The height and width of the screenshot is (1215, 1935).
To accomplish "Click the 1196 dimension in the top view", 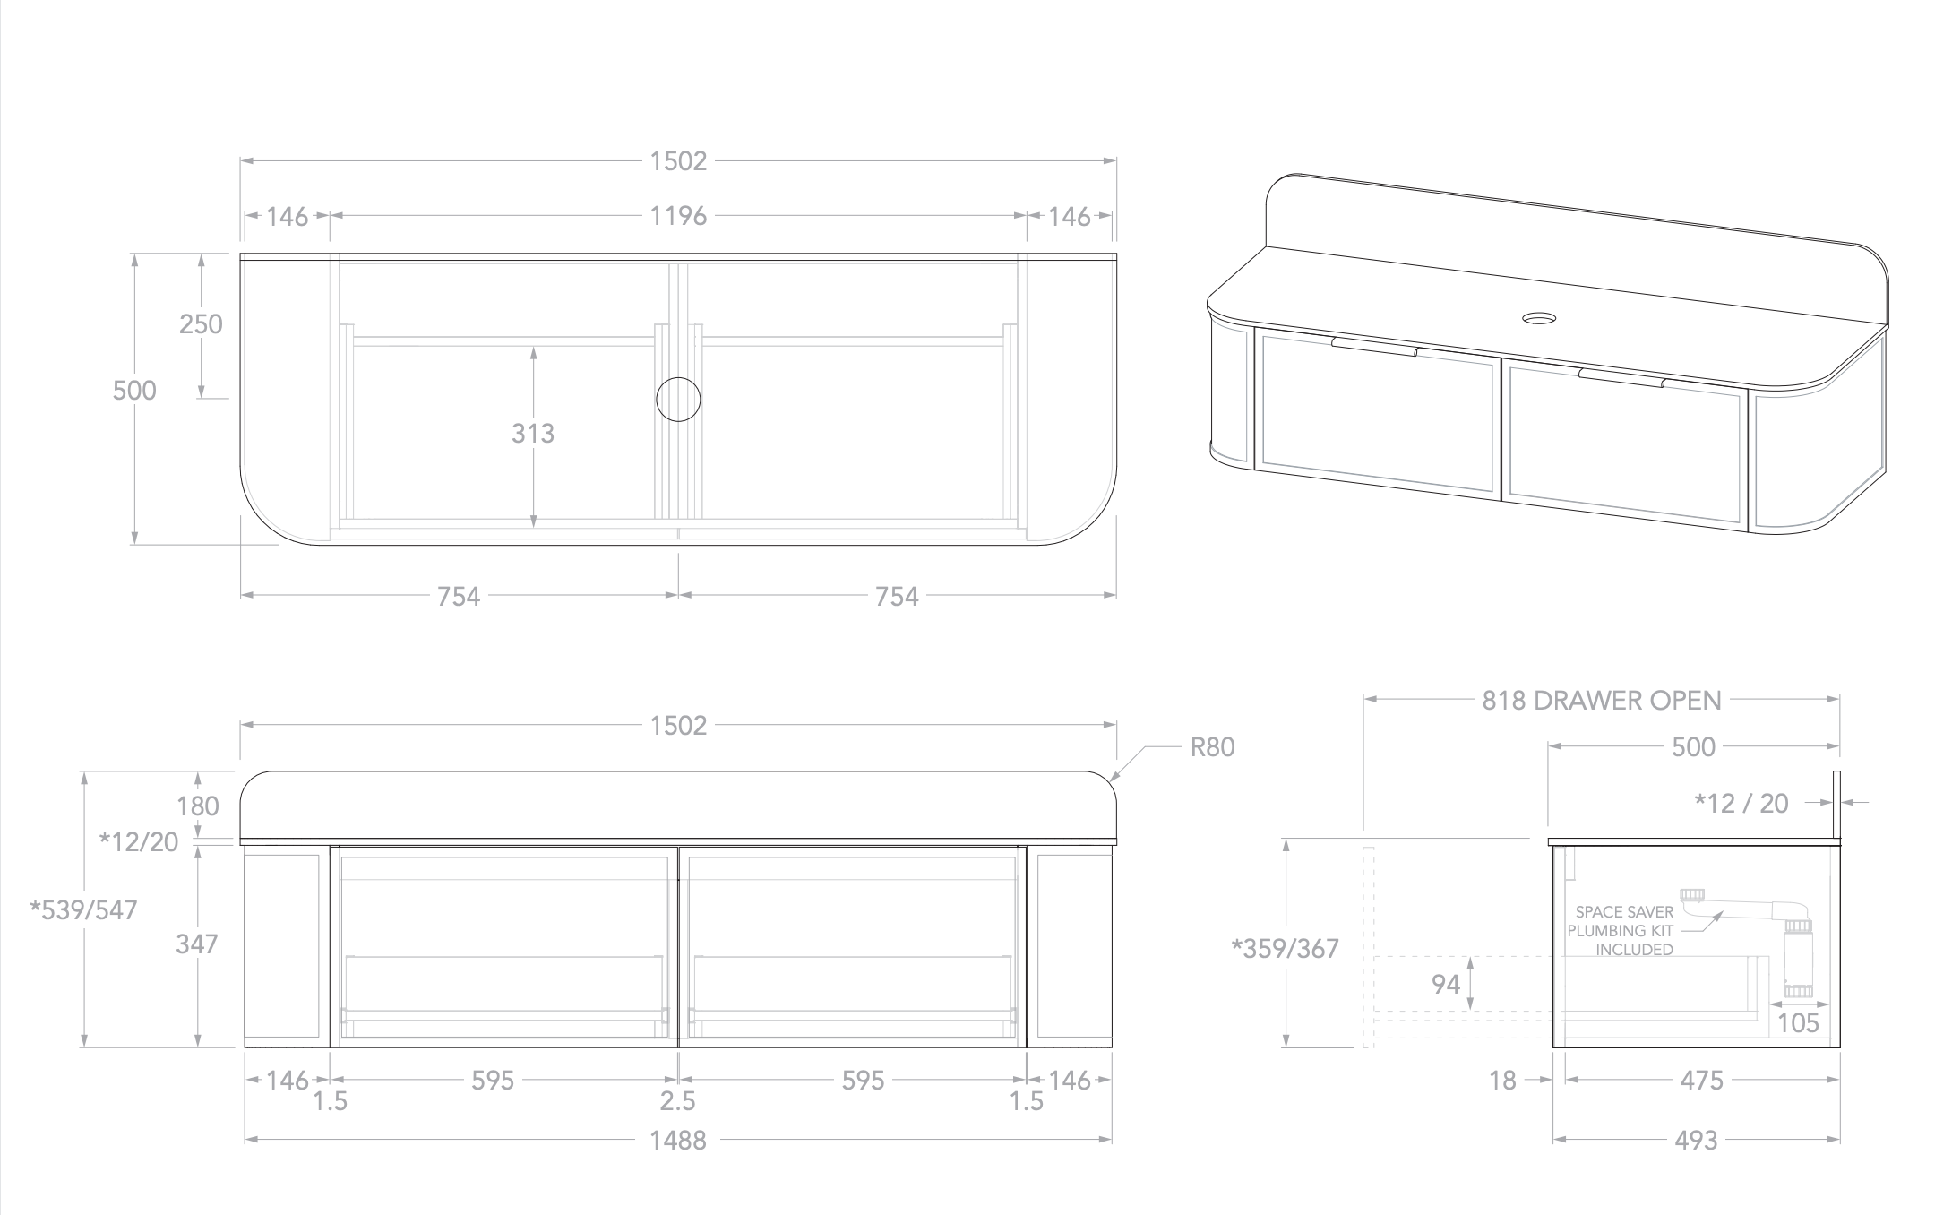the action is click(678, 216).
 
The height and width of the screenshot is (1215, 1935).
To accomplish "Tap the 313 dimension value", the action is click(533, 434).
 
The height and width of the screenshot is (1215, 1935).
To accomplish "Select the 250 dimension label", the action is click(201, 323).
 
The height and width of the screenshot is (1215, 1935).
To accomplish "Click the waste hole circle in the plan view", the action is click(678, 399).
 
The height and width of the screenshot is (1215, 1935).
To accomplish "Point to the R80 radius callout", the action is click(1212, 747).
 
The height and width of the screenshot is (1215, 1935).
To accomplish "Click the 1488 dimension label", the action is click(678, 1141).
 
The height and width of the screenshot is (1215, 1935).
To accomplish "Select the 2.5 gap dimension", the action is click(678, 1101).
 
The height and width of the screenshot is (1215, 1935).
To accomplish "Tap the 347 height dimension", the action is click(197, 944).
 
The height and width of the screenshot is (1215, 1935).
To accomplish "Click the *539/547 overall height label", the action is click(83, 910).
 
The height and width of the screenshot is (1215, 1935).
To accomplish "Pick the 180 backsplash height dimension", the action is click(198, 806).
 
